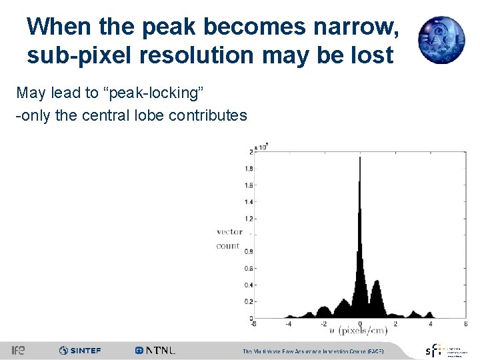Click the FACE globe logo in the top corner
[x=441, y=39]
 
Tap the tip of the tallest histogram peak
[x=360, y=158]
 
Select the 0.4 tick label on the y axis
[x=247, y=285]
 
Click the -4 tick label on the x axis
[x=288, y=324]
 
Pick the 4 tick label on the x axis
[x=430, y=324]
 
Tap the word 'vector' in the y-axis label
[x=229, y=231]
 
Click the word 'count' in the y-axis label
[x=228, y=245]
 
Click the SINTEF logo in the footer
[x=80, y=350]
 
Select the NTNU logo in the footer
[x=155, y=350]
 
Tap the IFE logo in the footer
[x=18, y=350]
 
